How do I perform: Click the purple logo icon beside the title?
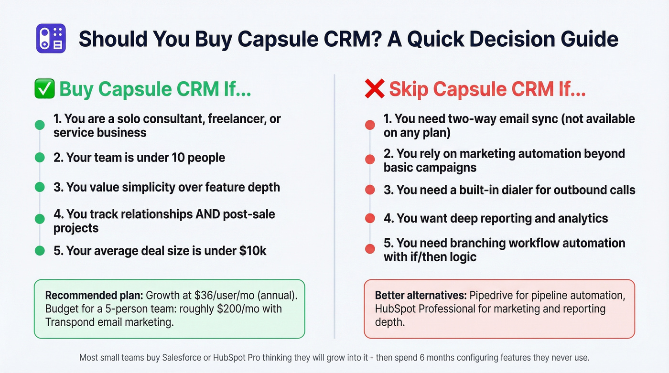51,39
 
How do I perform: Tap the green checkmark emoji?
44,89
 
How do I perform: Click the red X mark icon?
374,89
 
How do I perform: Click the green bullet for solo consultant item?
40,126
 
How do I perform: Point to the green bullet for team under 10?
40,158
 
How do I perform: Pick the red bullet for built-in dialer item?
369,190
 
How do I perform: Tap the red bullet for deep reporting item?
369,218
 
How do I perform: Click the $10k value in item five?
253,250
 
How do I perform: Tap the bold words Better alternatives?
421,295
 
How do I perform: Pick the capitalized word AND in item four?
208,214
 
